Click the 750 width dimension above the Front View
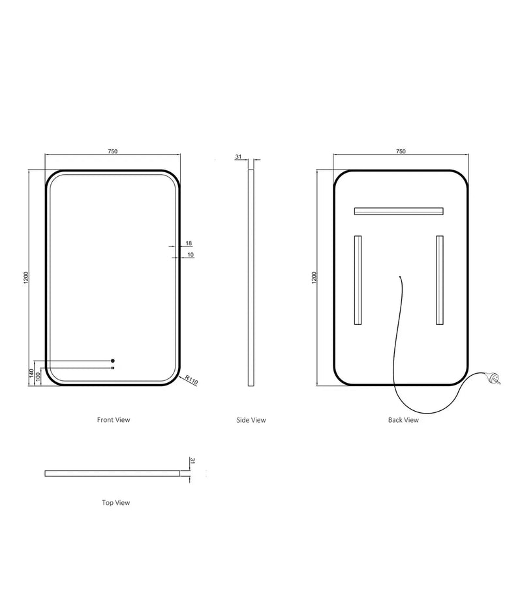pyautogui.click(x=112, y=151)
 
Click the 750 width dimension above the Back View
pyautogui.click(x=401, y=151)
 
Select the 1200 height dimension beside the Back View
pyautogui.click(x=315, y=277)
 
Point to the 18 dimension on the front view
pyautogui.click(x=189, y=243)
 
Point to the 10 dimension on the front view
pyautogui.click(x=190, y=254)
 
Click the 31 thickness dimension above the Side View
pyautogui.click(x=238, y=157)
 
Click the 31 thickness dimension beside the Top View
pyautogui.click(x=192, y=461)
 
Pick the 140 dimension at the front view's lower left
pyautogui.click(x=30, y=374)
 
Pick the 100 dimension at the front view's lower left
pyautogui.click(x=38, y=377)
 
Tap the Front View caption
pyautogui.click(x=114, y=420)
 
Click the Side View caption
pyautogui.click(x=251, y=420)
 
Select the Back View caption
pyautogui.click(x=403, y=420)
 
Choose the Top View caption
pyautogui.click(x=116, y=503)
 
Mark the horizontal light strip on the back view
pyautogui.click(x=398, y=211)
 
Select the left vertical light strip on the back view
pyautogui.click(x=358, y=280)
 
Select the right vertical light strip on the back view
pyautogui.click(x=440, y=280)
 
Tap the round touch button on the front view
pyautogui.click(x=113, y=361)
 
